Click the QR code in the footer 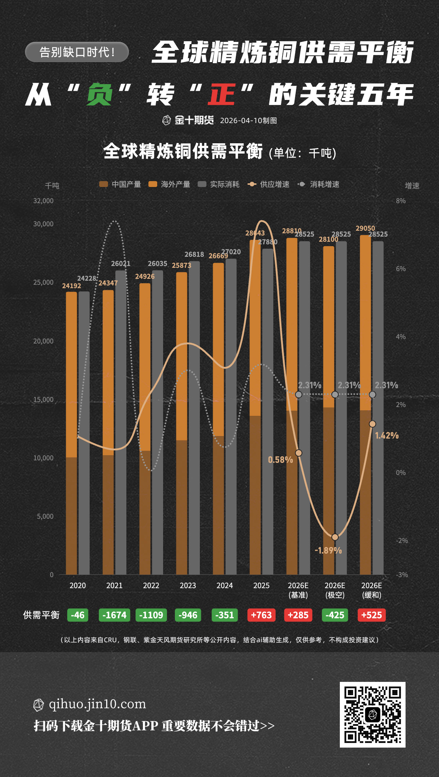point(372,715)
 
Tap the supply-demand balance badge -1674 point(114,615)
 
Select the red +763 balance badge point(261,615)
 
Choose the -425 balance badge point(335,615)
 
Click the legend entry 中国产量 point(120,184)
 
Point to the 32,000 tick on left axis point(43,201)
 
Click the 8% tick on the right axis point(401,201)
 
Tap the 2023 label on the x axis point(188,586)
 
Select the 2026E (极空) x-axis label point(335,590)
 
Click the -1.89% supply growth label point(328,550)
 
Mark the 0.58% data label point(280,460)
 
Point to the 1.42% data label point(386,436)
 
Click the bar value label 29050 point(365,229)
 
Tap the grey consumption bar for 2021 point(121,422)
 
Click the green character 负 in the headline point(99,95)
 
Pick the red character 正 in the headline point(222,95)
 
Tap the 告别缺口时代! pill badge point(77,52)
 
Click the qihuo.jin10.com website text point(97,704)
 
